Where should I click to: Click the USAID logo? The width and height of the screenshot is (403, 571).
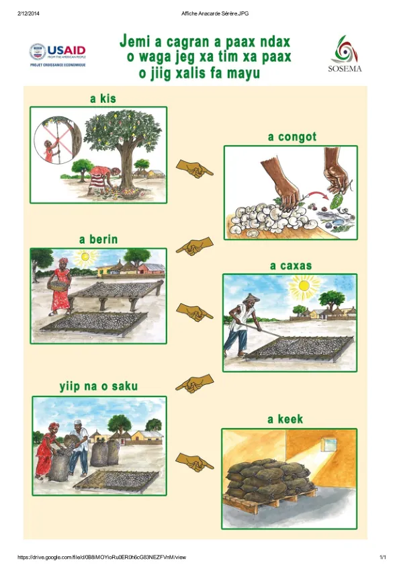point(58,54)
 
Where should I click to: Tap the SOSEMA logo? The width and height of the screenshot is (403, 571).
point(345,54)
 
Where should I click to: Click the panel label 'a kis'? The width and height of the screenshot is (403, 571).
point(103,98)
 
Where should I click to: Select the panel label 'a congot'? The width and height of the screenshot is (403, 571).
point(292,137)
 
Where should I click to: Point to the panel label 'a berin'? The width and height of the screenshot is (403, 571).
point(98,239)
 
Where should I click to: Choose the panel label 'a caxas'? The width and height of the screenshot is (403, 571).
point(291,266)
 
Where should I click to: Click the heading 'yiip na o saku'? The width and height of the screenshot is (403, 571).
point(99,386)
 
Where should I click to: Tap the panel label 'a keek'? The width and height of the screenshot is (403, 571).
point(285,419)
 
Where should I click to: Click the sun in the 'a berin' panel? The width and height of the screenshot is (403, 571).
point(85,257)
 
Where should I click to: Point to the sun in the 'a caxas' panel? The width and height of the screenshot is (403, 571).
point(304,285)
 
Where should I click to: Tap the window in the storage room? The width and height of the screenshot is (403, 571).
point(330,444)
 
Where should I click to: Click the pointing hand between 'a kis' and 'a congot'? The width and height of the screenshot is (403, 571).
point(194,169)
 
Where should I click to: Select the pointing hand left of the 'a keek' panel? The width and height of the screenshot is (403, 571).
point(194,462)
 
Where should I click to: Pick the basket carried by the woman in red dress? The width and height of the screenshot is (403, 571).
point(59,285)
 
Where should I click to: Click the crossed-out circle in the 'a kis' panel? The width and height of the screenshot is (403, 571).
point(58,140)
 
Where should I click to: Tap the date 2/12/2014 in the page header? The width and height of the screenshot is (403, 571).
point(28,13)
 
